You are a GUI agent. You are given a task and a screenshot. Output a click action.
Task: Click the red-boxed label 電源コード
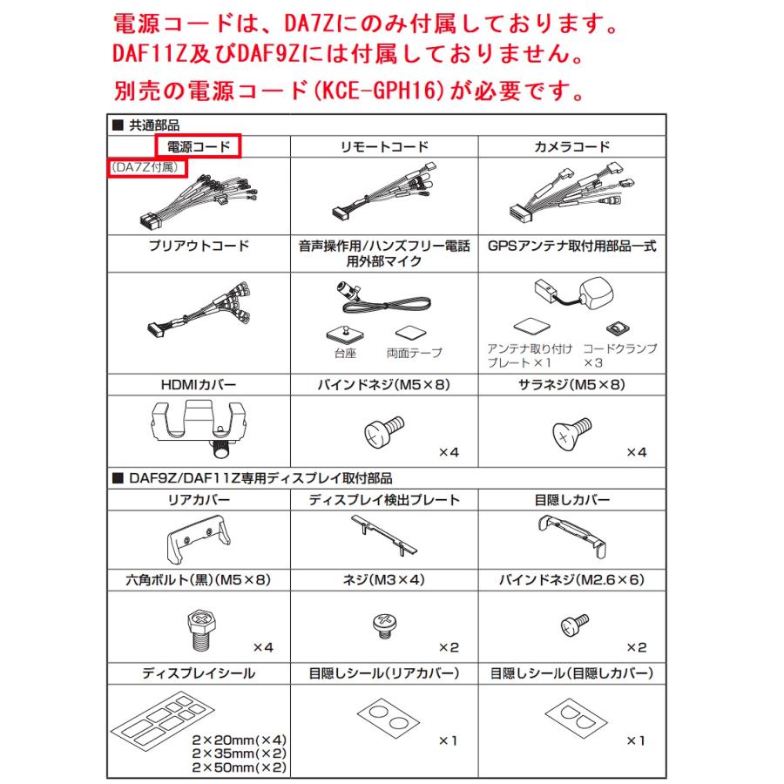tap(198, 147)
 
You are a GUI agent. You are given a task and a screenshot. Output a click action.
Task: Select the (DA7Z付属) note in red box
tap(145, 166)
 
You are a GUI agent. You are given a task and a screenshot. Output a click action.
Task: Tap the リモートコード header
tap(384, 147)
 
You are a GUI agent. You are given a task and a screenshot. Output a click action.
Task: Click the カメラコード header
tap(571, 147)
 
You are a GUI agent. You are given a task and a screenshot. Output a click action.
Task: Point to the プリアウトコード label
tap(198, 247)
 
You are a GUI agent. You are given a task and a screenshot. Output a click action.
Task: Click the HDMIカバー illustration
tap(198, 424)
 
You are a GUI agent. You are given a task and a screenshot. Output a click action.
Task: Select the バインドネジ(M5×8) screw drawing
tap(380, 430)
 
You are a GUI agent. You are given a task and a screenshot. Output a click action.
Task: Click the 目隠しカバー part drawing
tap(571, 533)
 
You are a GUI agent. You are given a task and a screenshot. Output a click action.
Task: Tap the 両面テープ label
tap(414, 354)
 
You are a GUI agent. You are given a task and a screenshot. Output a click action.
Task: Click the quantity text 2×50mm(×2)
tap(239, 767)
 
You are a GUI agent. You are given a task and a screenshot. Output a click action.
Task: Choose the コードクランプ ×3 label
tap(618, 355)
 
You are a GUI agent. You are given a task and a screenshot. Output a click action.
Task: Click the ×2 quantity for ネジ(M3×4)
tap(448, 647)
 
